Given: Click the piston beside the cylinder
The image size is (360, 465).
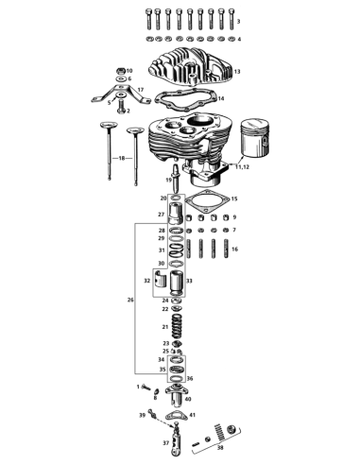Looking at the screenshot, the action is [255, 137].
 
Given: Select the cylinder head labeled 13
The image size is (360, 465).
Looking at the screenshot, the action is [190, 67].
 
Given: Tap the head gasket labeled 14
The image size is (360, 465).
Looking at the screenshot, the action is [185, 100].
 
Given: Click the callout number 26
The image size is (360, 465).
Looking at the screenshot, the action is [130, 300].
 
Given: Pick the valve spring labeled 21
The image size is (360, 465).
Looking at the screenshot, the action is [178, 326].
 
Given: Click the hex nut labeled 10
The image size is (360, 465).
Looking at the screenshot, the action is [120, 71].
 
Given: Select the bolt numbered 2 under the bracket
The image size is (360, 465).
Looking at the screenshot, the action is [121, 107].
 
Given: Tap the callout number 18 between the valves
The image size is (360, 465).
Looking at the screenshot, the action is [122, 158].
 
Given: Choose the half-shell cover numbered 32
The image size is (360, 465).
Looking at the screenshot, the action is [161, 279].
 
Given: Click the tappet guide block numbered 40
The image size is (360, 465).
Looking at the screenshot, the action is [177, 395].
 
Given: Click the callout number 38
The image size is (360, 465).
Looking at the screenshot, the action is [220, 447].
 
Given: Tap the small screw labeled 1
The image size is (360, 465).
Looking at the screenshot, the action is [146, 387].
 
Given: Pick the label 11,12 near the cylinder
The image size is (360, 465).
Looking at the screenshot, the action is [242, 166].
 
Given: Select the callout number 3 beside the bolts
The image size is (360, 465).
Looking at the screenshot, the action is [238, 22].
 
